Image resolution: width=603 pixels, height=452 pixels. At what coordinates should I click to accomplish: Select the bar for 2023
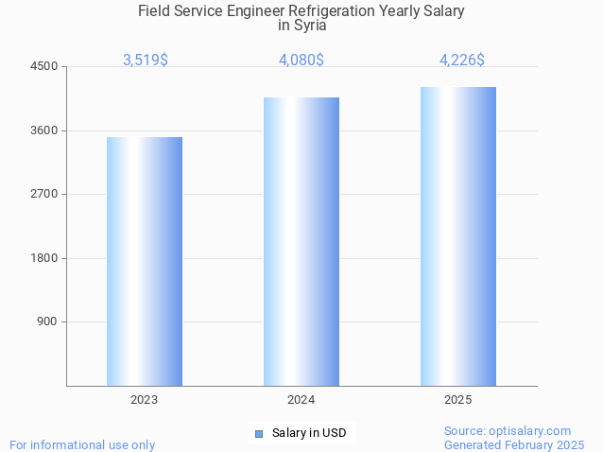[145, 261]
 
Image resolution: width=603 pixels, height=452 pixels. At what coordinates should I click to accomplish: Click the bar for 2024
[301, 241]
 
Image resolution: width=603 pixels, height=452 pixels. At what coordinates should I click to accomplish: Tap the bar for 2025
[458, 236]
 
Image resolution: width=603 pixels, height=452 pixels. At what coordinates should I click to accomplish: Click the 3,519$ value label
[146, 60]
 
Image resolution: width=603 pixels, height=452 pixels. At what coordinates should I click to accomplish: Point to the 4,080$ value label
[301, 60]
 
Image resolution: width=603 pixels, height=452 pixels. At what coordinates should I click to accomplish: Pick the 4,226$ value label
[462, 60]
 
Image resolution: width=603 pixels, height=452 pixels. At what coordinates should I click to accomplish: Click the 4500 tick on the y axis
[44, 66]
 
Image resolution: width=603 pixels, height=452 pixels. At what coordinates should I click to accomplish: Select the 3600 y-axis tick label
[44, 130]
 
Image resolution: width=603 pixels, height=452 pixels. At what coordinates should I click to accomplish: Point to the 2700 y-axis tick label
[44, 194]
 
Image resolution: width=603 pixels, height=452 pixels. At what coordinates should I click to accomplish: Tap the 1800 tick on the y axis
[44, 258]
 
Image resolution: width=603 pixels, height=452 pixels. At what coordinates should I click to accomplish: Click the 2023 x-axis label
[145, 400]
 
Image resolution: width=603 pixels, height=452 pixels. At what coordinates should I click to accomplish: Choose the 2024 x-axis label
[301, 400]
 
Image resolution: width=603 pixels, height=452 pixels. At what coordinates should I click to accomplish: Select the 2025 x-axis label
[458, 400]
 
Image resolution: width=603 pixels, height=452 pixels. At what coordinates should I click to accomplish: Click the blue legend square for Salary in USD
[258, 434]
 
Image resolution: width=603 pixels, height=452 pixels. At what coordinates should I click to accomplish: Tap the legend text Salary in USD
[309, 433]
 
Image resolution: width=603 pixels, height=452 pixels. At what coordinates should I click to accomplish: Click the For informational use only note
[82, 444]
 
